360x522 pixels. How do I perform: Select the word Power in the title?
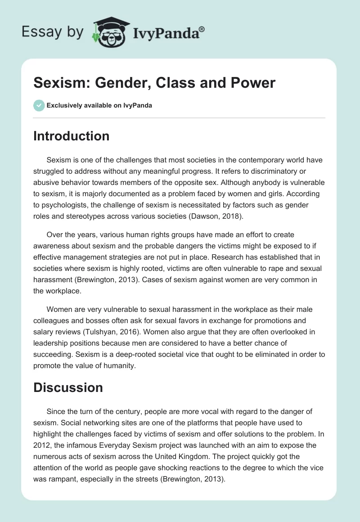(x=254, y=83)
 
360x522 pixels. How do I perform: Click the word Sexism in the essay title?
(x=57, y=83)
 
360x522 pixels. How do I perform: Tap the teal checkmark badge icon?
(x=39, y=106)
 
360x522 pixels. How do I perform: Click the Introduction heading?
(x=71, y=136)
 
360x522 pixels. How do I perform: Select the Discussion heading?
(x=68, y=387)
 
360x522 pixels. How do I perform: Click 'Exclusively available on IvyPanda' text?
(x=99, y=106)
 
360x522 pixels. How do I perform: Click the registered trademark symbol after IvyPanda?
(x=202, y=28)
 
